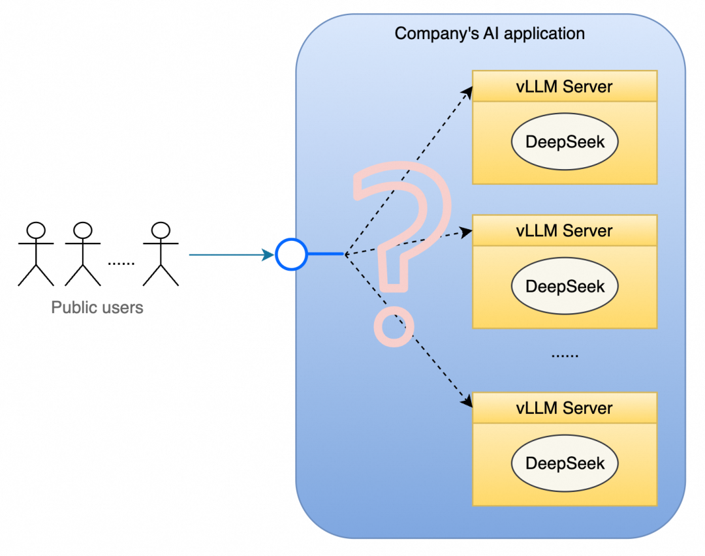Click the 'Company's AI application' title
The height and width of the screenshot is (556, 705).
(490, 33)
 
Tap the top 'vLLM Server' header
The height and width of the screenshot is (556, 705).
(564, 86)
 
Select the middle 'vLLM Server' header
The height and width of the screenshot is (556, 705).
(564, 230)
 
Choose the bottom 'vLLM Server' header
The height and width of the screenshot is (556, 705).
(564, 408)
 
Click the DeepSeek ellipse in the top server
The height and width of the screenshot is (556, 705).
(565, 142)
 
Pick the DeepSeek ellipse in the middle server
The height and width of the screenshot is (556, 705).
(565, 286)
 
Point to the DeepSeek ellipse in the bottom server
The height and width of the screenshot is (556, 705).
(565, 463)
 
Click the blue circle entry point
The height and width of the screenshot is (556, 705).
(291, 255)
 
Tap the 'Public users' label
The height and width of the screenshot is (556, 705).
(97, 307)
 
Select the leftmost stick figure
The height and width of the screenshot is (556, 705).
(36, 254)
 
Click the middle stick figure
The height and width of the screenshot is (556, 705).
(82, 254)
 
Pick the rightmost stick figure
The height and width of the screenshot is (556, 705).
(161, 254)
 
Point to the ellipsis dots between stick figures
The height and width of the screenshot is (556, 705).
(121, 263)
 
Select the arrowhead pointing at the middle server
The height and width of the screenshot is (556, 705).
(466, 232)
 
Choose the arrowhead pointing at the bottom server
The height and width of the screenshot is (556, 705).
(467, 403)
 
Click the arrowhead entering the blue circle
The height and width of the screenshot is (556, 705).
(268, 255)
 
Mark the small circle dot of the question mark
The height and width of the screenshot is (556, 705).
(394, 328)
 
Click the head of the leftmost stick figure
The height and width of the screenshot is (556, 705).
(36, 230)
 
